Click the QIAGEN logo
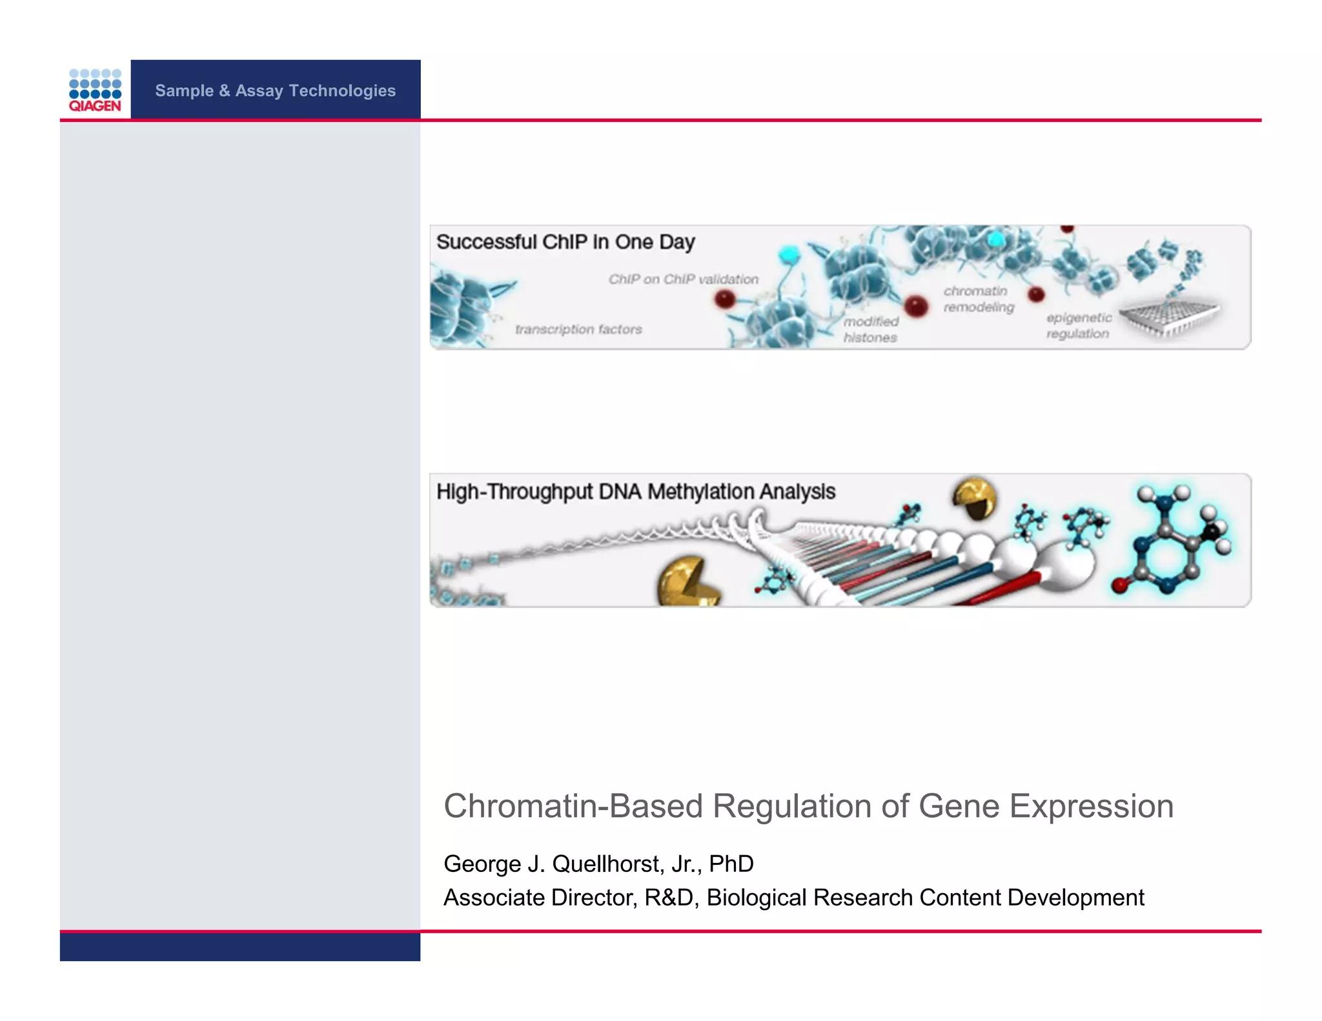tap(95, 90)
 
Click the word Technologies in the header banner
tap(342, 91)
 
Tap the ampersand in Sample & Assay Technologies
tap(224, 91)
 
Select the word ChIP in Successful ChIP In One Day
tap(565, 242)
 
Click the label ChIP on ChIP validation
tap(683, 279)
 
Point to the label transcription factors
tap(578, 330)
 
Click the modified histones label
tap(871, 330)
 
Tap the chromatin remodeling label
tap(978, 299)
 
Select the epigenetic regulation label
tap(1078, 326)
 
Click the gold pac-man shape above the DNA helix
tap(975, 498)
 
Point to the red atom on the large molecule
tap(1119, 585)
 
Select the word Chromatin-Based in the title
tap(573, 807)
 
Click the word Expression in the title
tap(1091, 807)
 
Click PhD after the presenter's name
tap(731, 864)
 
